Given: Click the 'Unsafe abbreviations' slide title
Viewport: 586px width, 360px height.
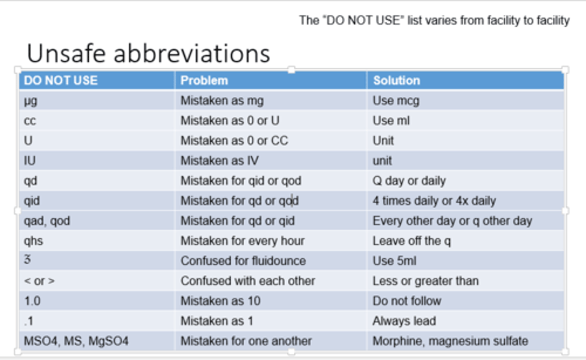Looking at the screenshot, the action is (148, 53).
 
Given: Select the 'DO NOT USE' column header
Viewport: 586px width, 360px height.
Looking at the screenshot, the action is (61, 80).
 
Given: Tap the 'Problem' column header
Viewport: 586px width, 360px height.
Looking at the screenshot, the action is (204, 80).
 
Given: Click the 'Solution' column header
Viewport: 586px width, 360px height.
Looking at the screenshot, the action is (396, 80).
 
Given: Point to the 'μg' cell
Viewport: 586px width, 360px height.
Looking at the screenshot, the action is (31, 101).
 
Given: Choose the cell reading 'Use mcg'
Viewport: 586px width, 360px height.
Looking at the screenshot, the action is (396, 101).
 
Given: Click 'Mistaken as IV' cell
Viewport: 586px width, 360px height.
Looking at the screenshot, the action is (219, 160).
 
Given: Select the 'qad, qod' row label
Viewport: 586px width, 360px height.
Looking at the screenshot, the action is (47, 221).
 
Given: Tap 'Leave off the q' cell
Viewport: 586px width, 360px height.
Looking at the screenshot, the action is (411, 241).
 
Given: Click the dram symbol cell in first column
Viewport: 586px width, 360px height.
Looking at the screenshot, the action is (27, 260).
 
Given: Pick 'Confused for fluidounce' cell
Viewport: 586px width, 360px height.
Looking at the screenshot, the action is (243, 261).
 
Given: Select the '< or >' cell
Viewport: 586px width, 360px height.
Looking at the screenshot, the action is (39, 281).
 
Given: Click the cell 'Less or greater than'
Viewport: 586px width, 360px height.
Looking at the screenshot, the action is (425, 281).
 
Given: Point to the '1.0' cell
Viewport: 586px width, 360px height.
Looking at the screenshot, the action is (32, 301).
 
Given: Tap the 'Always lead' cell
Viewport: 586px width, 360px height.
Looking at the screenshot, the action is (404, 321).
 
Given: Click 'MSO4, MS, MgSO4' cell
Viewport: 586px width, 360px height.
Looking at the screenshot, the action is (76, 341).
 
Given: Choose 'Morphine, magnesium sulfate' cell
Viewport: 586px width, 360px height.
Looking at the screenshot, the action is (450, 341).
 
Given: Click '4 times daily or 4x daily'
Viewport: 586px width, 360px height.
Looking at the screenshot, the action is (434, 201).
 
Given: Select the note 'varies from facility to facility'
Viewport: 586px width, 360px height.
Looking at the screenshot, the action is (434, 20).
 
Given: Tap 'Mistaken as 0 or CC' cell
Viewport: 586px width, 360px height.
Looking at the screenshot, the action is (234, 140).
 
